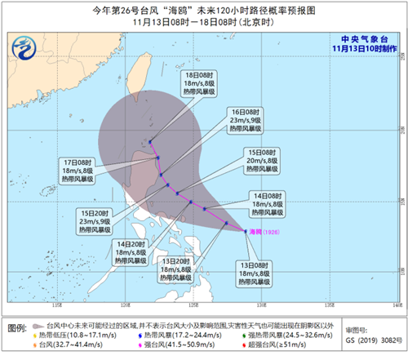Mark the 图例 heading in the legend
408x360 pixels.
[17, 327]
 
